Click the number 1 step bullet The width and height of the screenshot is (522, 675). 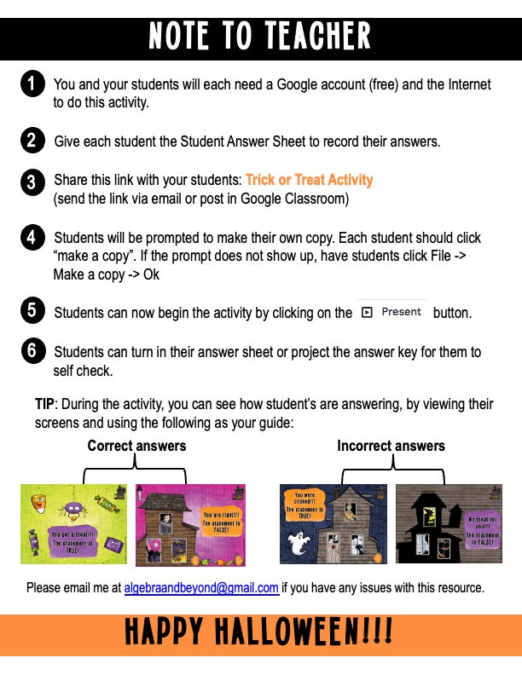(x=32, y=84)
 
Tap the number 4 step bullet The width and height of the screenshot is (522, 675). (x=32, y=237)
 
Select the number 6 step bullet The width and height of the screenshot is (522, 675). (x=32, y=351)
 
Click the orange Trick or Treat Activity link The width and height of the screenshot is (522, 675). (x=309, y=180)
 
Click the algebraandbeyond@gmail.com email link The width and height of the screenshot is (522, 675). (x=201, y=588)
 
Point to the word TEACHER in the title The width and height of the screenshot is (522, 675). (x=305, y=36)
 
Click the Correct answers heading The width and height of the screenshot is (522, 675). (x=136, y=446)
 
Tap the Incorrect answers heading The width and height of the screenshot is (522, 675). (x=391, y=446)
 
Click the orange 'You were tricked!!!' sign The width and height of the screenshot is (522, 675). (x=304, y=505)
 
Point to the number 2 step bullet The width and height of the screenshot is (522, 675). (x=32, y=141)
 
